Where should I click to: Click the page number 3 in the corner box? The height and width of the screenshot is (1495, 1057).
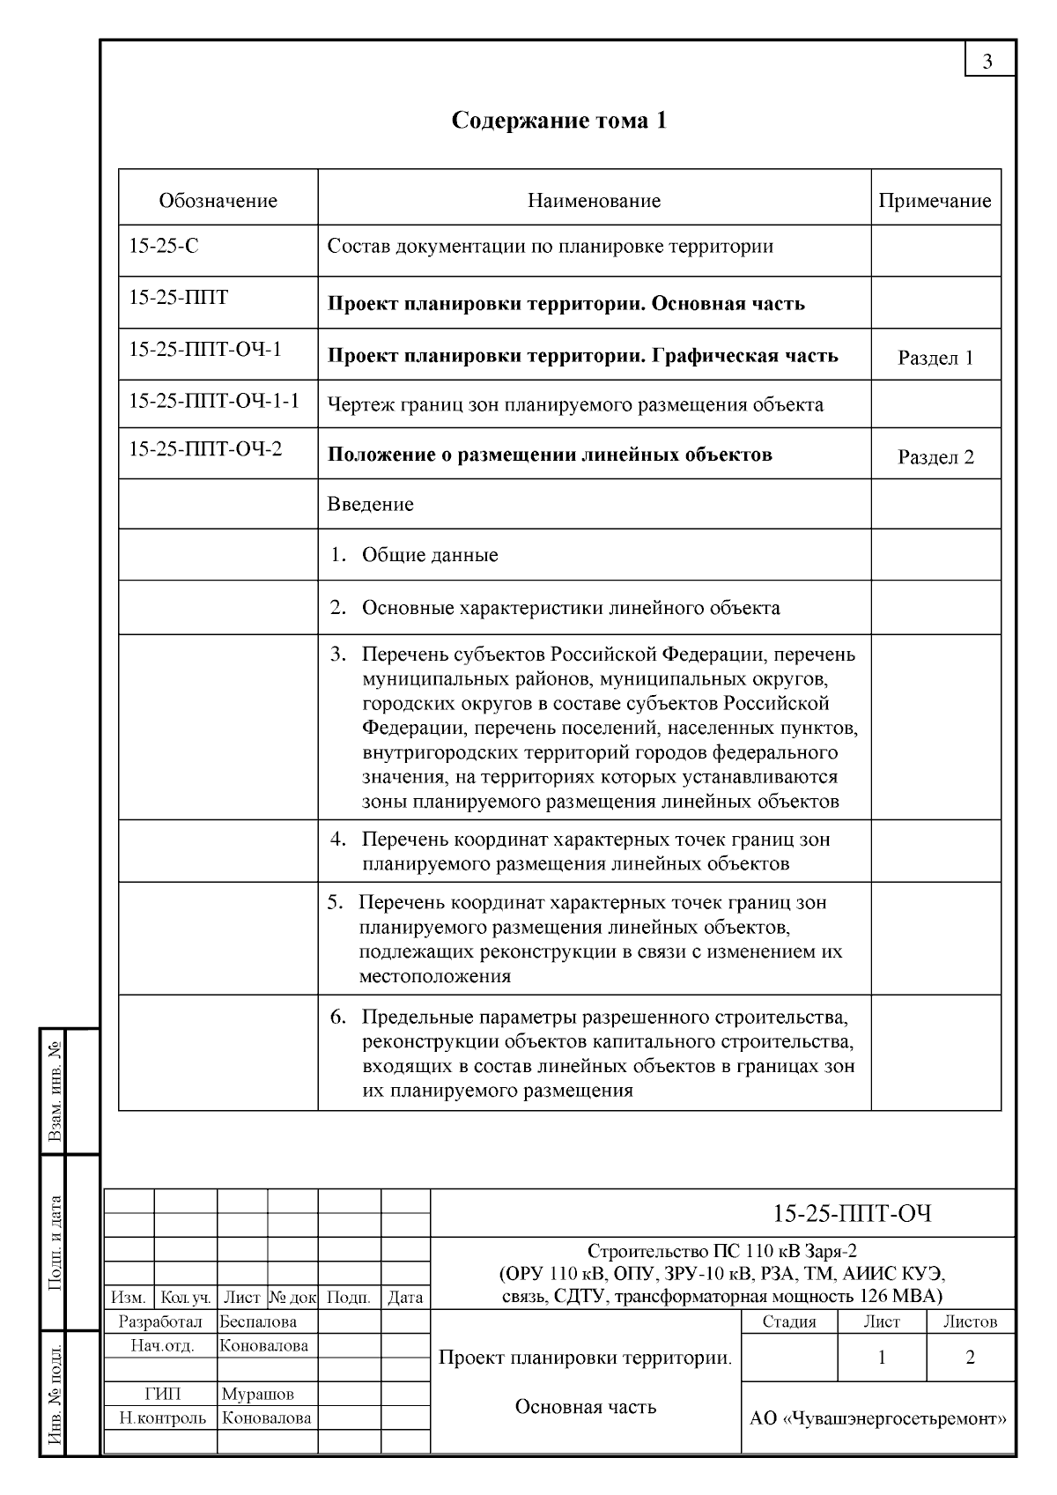coord(987,61)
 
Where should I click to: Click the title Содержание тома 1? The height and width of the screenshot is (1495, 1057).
coord(559,120)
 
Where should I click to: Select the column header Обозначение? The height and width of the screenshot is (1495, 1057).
coord(218,201)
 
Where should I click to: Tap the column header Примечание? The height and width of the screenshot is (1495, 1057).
coord(935,201)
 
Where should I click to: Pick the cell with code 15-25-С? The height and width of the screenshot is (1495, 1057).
coord(164,247)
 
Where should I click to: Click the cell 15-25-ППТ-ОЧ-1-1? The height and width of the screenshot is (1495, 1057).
coord(214,402)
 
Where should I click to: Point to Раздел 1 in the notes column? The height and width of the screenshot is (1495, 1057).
coord(935,358)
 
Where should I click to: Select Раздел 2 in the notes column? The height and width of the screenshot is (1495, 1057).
coord(935,457)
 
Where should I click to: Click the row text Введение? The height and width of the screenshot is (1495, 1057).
coord(370,505)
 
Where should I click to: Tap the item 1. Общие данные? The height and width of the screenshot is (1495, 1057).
coord(414,555)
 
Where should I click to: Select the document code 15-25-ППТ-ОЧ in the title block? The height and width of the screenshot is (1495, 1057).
coord(852,1214)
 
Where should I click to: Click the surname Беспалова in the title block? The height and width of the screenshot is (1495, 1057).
coord(258,1321)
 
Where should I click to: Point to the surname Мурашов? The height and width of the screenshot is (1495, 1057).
coord(257,1394)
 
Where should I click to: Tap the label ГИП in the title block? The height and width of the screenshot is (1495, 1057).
coord(162,1394)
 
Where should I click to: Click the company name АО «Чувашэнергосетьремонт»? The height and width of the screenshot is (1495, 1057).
coord(877,1419)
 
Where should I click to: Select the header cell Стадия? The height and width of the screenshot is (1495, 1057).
coord(788,1321)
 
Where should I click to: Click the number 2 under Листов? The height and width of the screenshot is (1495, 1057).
coord(970,1358)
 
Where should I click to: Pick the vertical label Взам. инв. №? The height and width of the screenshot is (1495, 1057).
coord(55,1092)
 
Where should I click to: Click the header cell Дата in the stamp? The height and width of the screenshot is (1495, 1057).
coord(405,1298)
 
